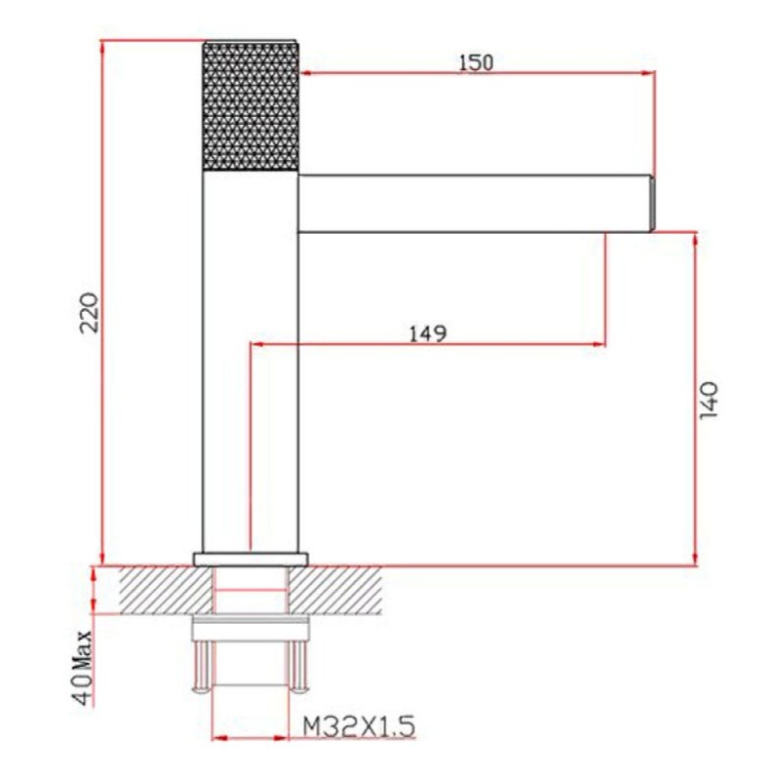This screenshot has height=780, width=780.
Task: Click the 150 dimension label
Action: click(476, 63)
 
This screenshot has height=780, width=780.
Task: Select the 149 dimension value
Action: click(428, 333)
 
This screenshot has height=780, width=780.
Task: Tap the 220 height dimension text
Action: click(91, 312)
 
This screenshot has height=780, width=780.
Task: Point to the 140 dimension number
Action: click(708, 400)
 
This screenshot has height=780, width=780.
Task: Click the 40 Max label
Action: click(82, 668)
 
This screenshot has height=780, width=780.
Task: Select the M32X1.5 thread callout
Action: click(359, 727)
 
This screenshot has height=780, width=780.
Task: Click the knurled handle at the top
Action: click(251, 106)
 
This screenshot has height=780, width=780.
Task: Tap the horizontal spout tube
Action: click(475, 204)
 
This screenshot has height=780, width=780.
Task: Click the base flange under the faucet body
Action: click(251, 559)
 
